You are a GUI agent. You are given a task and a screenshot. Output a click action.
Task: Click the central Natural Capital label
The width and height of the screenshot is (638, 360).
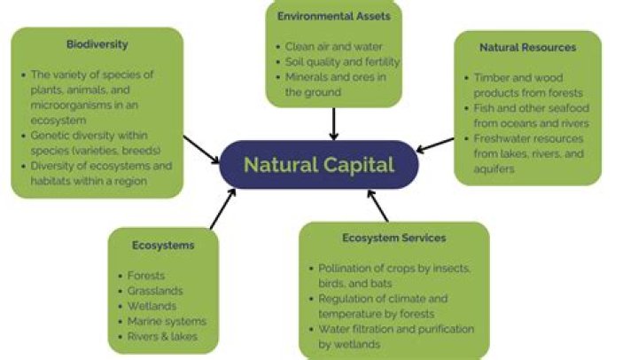click(x=318, y=165)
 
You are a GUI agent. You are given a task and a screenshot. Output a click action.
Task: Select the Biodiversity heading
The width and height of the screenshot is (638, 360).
click(x=97, y=43)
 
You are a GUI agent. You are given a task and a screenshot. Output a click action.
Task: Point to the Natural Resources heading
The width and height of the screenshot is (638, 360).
click(x=527, y=47)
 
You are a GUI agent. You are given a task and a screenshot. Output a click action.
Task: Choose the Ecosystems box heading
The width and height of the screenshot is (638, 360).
click(x=163, y=245)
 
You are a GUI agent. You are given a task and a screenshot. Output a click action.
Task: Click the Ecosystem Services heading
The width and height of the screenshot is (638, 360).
click(x=393, y=238)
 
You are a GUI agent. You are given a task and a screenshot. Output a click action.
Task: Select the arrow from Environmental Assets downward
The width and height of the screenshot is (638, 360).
click(x=333, y=123)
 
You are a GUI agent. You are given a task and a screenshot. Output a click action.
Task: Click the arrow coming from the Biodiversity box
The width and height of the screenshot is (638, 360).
click(x=201, y=148)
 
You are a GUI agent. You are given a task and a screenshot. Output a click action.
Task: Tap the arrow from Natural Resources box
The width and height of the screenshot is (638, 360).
click(x=435, y=144)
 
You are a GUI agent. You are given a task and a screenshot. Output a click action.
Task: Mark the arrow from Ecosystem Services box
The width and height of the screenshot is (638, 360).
click(x=378, y=206)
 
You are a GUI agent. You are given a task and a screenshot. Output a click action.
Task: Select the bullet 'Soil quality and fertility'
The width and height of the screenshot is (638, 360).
click(x=342, y=62)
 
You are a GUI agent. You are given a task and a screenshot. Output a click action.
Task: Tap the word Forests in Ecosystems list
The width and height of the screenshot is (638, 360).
click(x=146, y=276)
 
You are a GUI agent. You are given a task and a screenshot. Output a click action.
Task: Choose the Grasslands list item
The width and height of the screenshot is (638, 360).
click(x=154, y=291)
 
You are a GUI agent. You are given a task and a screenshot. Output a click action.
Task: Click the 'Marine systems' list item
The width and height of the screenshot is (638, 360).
click(x=167, y=321)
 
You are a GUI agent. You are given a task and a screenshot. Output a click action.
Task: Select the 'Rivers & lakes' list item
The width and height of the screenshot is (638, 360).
click(x=162, y=336)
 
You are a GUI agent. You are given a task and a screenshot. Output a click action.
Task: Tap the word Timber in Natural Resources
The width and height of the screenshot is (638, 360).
click(x=492, y=78)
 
